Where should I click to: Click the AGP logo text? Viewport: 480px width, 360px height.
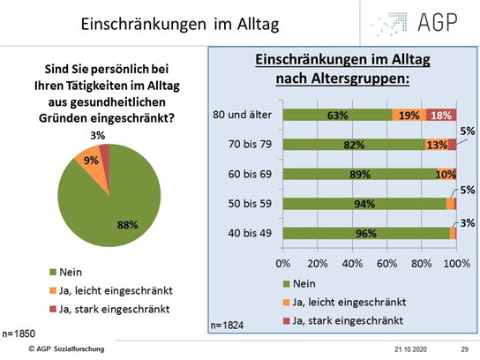pos(438,22)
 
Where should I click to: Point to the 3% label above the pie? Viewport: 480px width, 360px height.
pos(98,135)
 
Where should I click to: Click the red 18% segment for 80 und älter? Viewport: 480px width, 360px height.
pos(441,115)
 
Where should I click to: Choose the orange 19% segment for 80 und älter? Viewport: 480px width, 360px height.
pos(409,115)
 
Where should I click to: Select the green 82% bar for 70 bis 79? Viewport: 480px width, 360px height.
pos(354,145)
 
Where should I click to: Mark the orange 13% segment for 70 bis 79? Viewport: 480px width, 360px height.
pos(437,145)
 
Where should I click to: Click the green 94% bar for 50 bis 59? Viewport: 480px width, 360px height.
pos(364,204)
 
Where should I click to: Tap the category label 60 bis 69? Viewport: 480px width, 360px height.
pos(250,174)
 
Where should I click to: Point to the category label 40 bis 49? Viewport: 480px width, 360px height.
pos(250,233)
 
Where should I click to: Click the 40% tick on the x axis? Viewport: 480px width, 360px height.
pos(352,263)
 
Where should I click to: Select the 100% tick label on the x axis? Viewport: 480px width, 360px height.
pos(457,263)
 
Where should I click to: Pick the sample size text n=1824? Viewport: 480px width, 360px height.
pos(227,325)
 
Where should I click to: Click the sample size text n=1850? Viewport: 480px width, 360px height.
pos(19,334)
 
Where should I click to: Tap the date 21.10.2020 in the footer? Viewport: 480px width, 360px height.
pos(410,349)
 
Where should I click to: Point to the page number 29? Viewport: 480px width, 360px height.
pos(465,349)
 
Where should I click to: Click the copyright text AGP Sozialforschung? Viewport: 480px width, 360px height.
pos(66,349)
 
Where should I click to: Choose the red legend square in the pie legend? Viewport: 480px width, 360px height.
pos(53,309)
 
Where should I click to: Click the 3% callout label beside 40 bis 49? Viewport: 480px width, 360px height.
pos(468,223)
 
